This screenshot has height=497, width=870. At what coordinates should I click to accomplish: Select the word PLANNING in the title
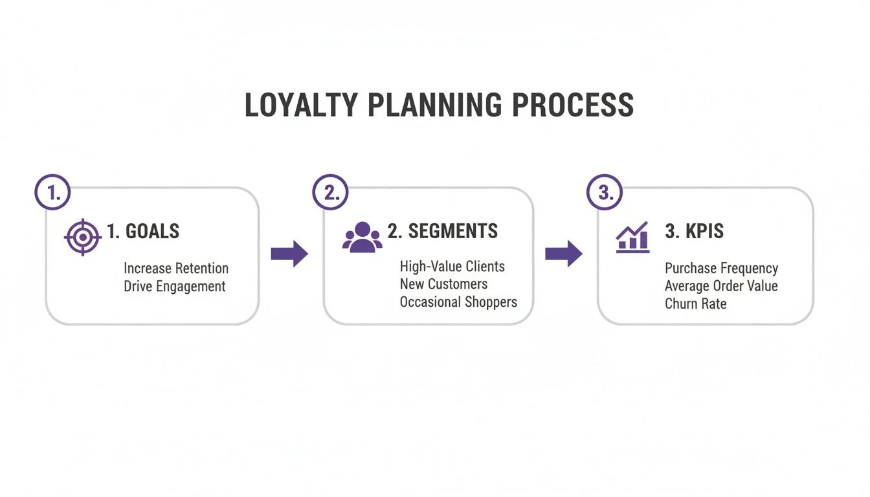pyautogui.click(x=438, y=105)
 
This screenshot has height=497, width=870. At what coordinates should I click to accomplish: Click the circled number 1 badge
pyautogui.click(x=52, y=192)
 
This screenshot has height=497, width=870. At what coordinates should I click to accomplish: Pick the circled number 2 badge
pyautogui.click(x=330, y=192)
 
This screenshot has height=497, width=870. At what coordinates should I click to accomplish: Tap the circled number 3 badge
pyautogui.click(x=605, y=192)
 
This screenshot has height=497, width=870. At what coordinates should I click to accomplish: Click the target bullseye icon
pyautogui.click(x=83, y=237)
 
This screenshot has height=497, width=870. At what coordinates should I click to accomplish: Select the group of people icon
pyautogui.click(x=362, y=237)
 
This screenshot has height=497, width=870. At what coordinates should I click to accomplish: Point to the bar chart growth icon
pyautogui.click(x=632, y=237)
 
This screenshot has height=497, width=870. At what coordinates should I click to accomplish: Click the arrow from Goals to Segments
pyautogui.click(x=289, y=254)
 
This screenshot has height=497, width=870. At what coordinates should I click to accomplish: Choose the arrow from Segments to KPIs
pyautogui.click(x=563, y=254)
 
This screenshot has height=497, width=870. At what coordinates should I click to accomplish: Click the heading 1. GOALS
pyautogui.click(x=143, y=232)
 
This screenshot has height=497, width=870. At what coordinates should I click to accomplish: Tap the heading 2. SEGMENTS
pyautogui.click(x=443, y=232)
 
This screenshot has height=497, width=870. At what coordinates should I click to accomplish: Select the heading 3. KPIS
pyautogui.click(x=694, y=232)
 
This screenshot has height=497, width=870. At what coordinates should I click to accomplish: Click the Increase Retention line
pyautogui.click(x=176, y=269)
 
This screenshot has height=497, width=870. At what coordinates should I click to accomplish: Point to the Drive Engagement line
pyautogui.click(x=175, y=287)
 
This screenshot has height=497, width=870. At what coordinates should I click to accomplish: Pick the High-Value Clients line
pyautogui.click(x=452, y=267)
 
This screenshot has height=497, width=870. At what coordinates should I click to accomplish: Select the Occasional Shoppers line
pyautogui.click(x=458, y=302)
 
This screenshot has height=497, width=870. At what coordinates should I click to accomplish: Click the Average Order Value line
pyautogui.click(x=721, y=286)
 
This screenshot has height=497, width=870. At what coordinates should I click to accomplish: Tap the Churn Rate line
pyautogui.click(x=695, y=304)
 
